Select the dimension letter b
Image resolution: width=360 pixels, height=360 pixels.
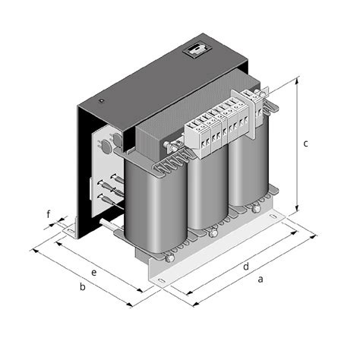tap(83, 286)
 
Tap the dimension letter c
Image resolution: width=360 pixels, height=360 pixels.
tap(305, 143)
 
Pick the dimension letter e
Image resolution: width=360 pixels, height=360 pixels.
tap(94, 271)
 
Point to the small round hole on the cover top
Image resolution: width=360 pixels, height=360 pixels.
tap(101, 99)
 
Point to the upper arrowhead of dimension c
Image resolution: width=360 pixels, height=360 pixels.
tap(296, 78)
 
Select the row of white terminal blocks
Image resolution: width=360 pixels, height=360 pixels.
tap(217, 125)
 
